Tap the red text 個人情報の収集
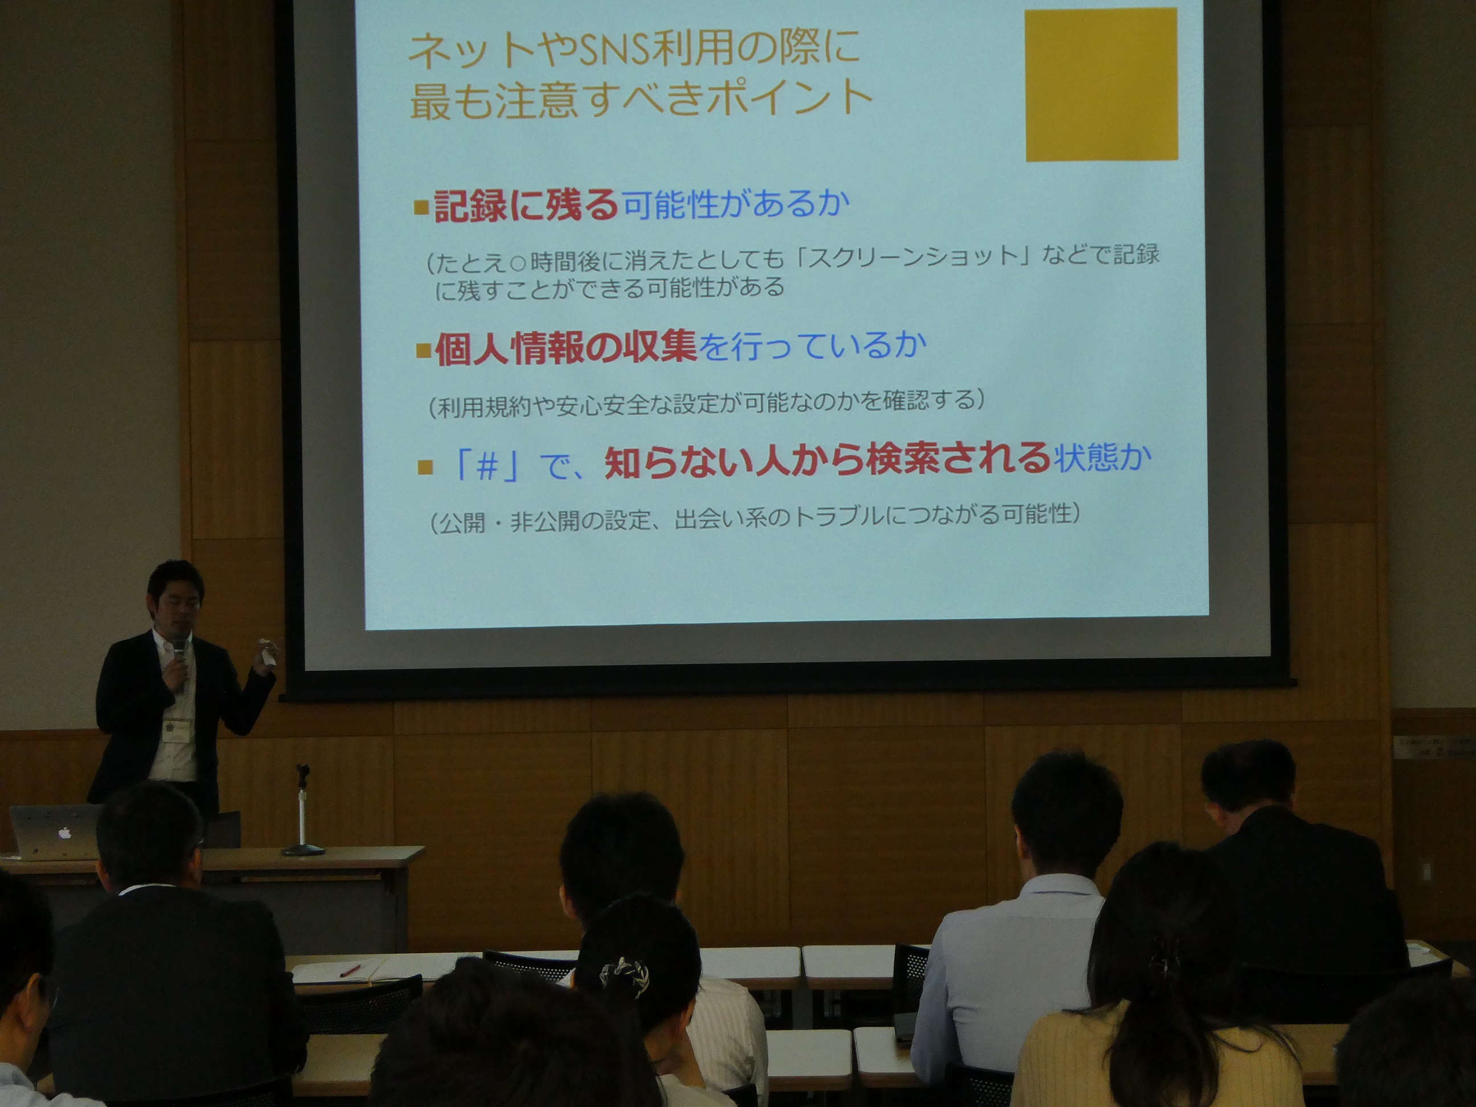(x=565, y=348)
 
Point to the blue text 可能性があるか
(x=736, y=205)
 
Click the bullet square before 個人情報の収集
(x=423, y=351)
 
